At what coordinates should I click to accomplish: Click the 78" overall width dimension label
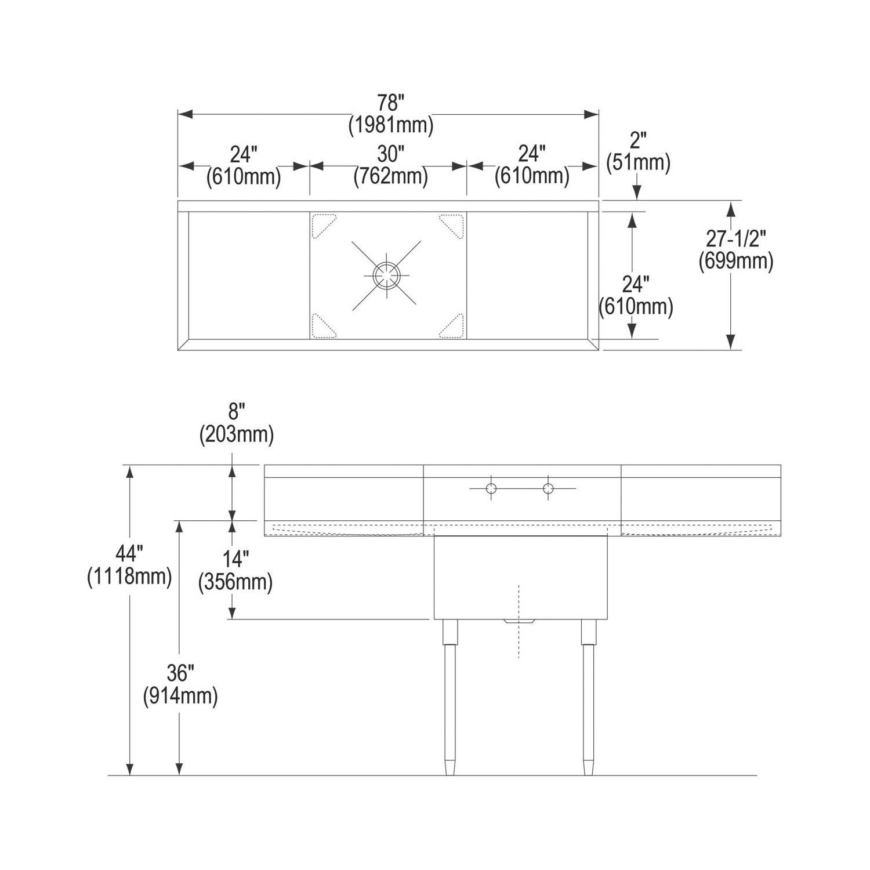390,103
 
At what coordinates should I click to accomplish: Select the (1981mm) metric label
391,125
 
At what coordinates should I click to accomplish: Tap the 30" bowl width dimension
390,154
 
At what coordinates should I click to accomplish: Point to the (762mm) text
391,176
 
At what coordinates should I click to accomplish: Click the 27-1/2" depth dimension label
736,238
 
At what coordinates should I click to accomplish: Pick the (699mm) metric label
736,261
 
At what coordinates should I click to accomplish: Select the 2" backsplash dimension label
638,141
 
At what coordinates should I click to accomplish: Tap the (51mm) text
638,162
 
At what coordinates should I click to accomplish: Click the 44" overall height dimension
129,554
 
